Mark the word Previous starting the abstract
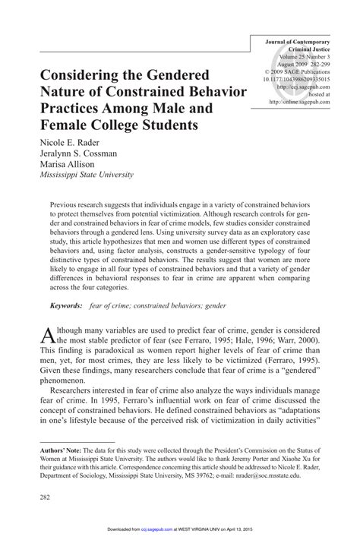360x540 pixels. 70,205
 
